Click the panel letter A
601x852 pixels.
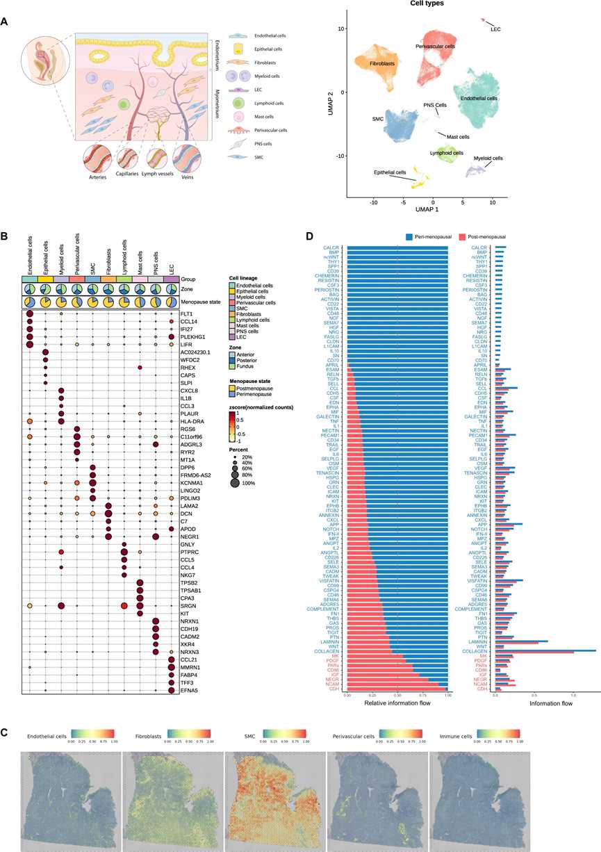point(5,22)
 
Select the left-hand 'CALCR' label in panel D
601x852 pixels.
point(330,247)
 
